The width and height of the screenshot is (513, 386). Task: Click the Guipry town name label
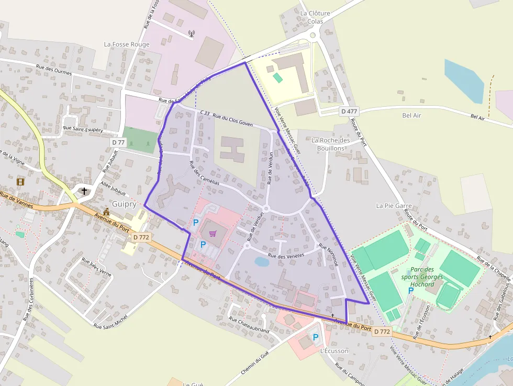[x=124, y=204]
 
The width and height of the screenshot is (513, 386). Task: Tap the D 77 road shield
[x=118, y=142]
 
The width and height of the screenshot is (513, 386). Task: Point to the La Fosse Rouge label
[x=127, y=45]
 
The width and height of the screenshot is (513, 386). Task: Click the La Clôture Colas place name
[x=315, y=17]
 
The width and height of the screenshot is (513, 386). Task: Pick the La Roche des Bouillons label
[x=331, y=144]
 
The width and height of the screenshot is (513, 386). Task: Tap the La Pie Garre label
[x=394, y=206]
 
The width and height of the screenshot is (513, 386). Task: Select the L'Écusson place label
[x=334, y=350]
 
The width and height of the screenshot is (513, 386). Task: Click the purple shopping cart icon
[x=213, y=234]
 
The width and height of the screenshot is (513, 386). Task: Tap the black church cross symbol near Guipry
[x=84, y=191]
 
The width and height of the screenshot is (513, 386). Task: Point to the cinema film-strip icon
[x=20, y=182]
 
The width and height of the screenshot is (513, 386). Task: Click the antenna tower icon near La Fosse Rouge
[x=191, y=35]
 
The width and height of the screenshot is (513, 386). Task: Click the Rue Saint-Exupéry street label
[x=83, y=128]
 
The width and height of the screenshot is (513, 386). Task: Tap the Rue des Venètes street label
[x=286, y=256]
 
